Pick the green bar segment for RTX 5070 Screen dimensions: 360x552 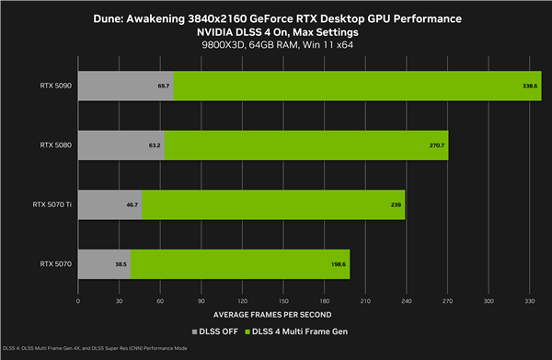pos(239,263)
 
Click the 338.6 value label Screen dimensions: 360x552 pos(531,86)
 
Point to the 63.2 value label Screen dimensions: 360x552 pos(155,145)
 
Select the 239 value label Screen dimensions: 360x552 pos(396,204)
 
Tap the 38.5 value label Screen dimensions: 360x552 pos(121,263)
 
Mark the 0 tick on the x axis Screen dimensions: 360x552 pos(78,300)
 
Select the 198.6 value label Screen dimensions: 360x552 pos(339,263)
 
